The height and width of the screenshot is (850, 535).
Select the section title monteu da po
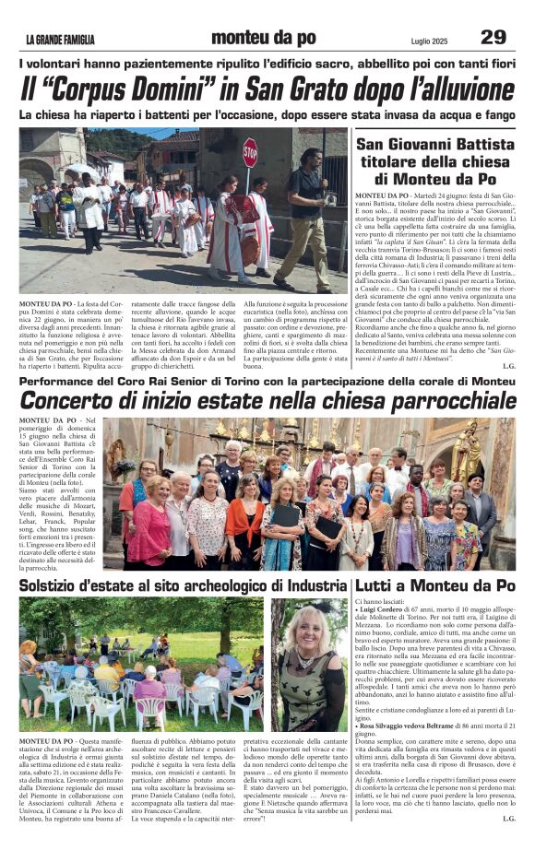pyautogui.click(x=263, y=38)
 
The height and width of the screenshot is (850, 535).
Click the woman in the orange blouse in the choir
pyautogui.click(x=245, y=521)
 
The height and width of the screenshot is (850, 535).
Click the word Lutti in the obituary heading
pyautogui.click(x=374, y=586)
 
